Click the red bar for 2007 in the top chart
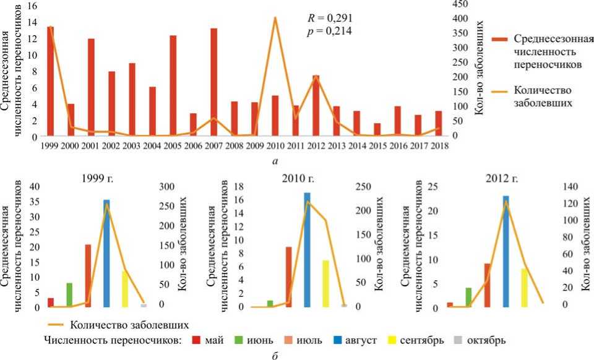point(213,82)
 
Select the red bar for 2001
point(91,87)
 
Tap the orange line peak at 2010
point(275,18)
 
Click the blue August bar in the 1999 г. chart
point(106,253)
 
